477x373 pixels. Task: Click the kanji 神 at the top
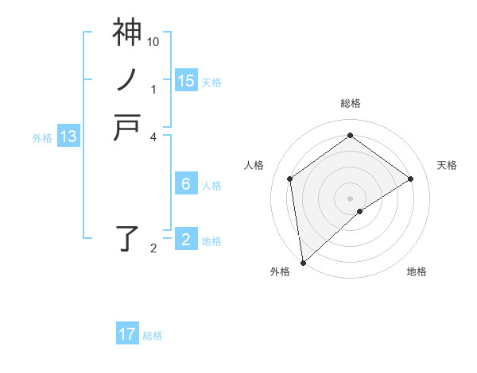click(x=127, y=33)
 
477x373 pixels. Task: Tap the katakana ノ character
click(x=127, y=79)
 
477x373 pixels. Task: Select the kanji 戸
click(x=127, y=126)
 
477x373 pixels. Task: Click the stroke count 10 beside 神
click(x=154, y=41)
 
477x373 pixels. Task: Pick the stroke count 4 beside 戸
click(x=154, y=137)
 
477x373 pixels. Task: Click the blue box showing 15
click(x=186, y=80)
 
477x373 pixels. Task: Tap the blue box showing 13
click(x=68, y=137)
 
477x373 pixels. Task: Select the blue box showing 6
click(x=186, y=184)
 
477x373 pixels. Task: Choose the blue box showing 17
click(x=127, y=334)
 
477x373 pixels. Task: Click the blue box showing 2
click(x=186, y=240)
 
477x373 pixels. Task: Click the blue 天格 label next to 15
click(x=211, y=82)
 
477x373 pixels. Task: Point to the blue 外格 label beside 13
click(x=42, y=138)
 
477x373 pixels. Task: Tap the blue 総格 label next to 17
click(x=153, y=336)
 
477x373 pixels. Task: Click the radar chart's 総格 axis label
click(x=350, y=103)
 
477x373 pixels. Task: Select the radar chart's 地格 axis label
click(x=417, y=272)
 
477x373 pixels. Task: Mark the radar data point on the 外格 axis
click(x=303, y=263)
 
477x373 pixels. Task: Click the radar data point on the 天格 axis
click(x=411, y=179)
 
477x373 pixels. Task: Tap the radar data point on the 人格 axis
click(x=289, y=179)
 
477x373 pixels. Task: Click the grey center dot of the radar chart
click(x=350, y=198)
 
